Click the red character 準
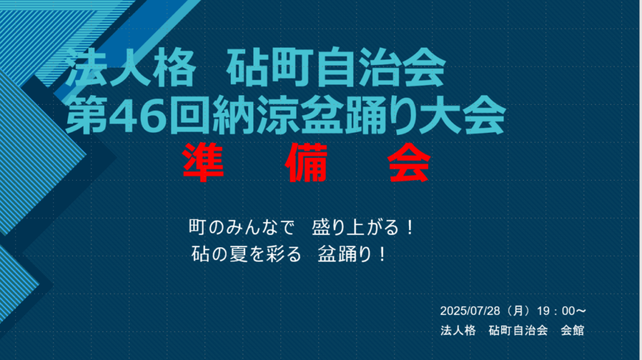click(203, 162)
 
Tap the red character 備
click(307, 162)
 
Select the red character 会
click(409, 162)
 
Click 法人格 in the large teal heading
click(130, 66)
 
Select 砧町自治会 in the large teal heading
click(336, 66)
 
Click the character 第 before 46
click(87, 115)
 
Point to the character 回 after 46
click(190, 115)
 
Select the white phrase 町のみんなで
click(241, 227)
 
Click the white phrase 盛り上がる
click(355, 227)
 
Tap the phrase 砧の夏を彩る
click(246, 254)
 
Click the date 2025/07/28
click(470, 311)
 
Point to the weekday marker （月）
click(518, 311)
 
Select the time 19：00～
click(562, 311)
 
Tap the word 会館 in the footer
click(572, 330)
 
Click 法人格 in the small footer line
click(458, 330)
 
